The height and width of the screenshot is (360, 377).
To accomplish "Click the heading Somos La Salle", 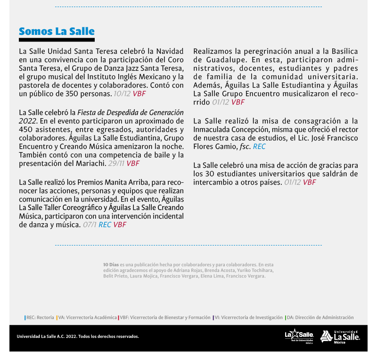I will pos(57,32).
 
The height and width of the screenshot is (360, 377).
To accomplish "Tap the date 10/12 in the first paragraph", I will pos(122,94).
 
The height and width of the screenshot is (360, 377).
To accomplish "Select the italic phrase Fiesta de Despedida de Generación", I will pos(131,113).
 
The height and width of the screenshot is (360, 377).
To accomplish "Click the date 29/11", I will pos(116,164).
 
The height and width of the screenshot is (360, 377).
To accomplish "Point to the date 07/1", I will pos(90,225).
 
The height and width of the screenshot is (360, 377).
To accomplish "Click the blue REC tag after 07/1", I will pos(105,225).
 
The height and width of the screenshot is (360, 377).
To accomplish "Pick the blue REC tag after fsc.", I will pos(259,147).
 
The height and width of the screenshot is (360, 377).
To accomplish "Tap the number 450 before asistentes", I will pos(27,130).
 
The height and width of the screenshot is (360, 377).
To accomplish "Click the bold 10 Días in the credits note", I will pos(111,265).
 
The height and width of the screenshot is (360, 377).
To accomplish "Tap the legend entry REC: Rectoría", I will pos(40,318).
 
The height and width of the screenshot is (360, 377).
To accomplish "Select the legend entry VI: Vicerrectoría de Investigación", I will pos(248,318).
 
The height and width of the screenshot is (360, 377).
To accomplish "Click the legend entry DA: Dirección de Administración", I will pos(320,318).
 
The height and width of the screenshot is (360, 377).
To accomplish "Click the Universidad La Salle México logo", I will pos(340,336).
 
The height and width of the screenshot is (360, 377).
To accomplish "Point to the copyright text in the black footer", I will pos(78,336).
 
